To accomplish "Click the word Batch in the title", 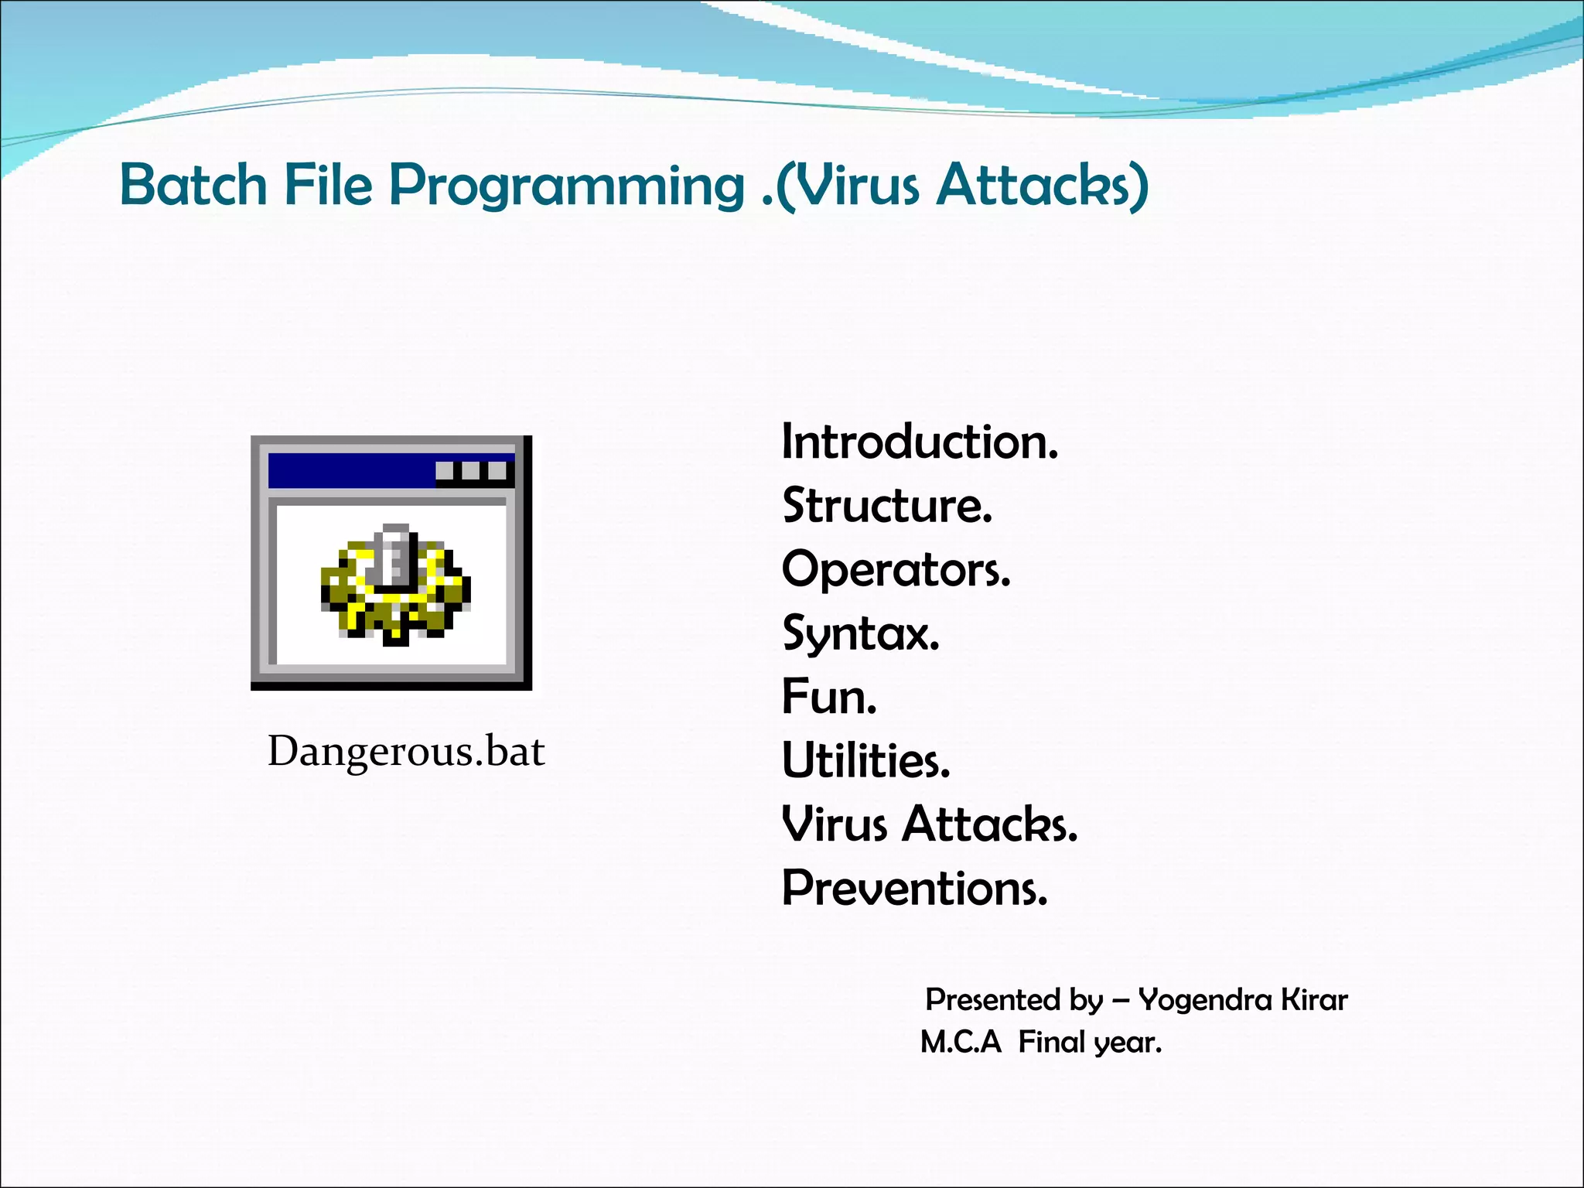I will (193, 185).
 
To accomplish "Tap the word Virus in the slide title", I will (859, 186).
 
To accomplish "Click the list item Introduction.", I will (919, 442).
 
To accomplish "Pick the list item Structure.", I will (886, 506).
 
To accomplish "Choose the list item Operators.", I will (896, 570).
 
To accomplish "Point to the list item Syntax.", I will (860, 634).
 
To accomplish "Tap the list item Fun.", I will (829, 697).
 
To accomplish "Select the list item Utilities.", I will (865, 761).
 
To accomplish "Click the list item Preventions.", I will (914, 888).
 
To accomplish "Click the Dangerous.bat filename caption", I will (406, 751).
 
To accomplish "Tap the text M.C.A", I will (961, 1043).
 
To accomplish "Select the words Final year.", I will (1090, 1043).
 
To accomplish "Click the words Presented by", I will (1014, 1000).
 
